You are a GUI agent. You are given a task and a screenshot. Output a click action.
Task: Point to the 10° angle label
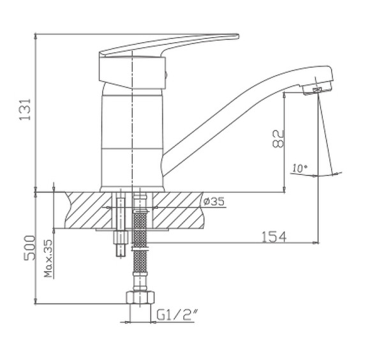pos(299,169)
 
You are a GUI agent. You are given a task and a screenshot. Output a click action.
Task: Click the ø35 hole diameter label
pos(214,202)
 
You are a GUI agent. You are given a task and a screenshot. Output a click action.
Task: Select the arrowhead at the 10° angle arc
pos(334,173)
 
